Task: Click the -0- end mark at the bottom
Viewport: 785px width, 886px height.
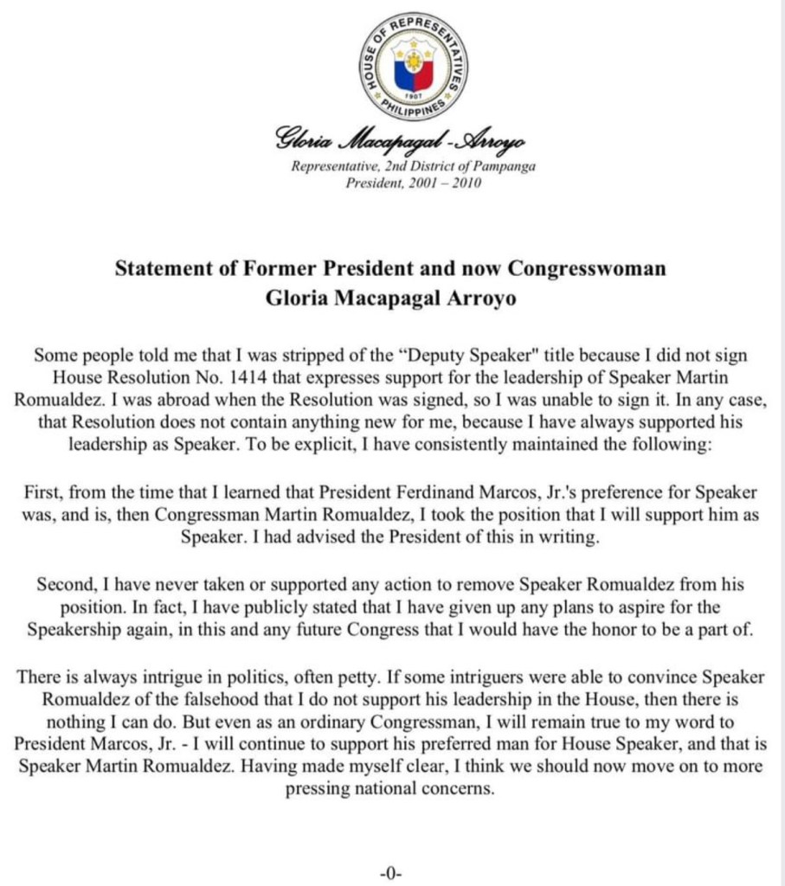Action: [392, 870]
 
